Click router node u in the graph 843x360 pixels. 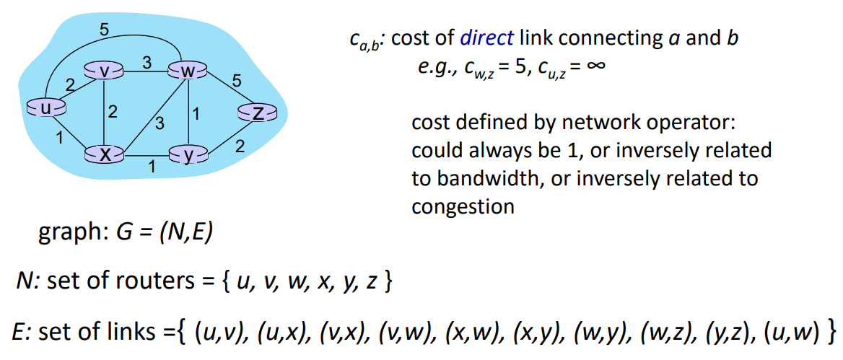[45, 108]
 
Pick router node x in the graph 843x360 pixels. [105, 154]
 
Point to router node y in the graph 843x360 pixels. [188, 154]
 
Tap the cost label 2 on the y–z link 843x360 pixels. [240, 146]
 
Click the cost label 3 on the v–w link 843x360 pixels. [146, 63]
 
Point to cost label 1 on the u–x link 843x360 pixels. [58, 136]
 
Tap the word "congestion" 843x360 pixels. [463, 206]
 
